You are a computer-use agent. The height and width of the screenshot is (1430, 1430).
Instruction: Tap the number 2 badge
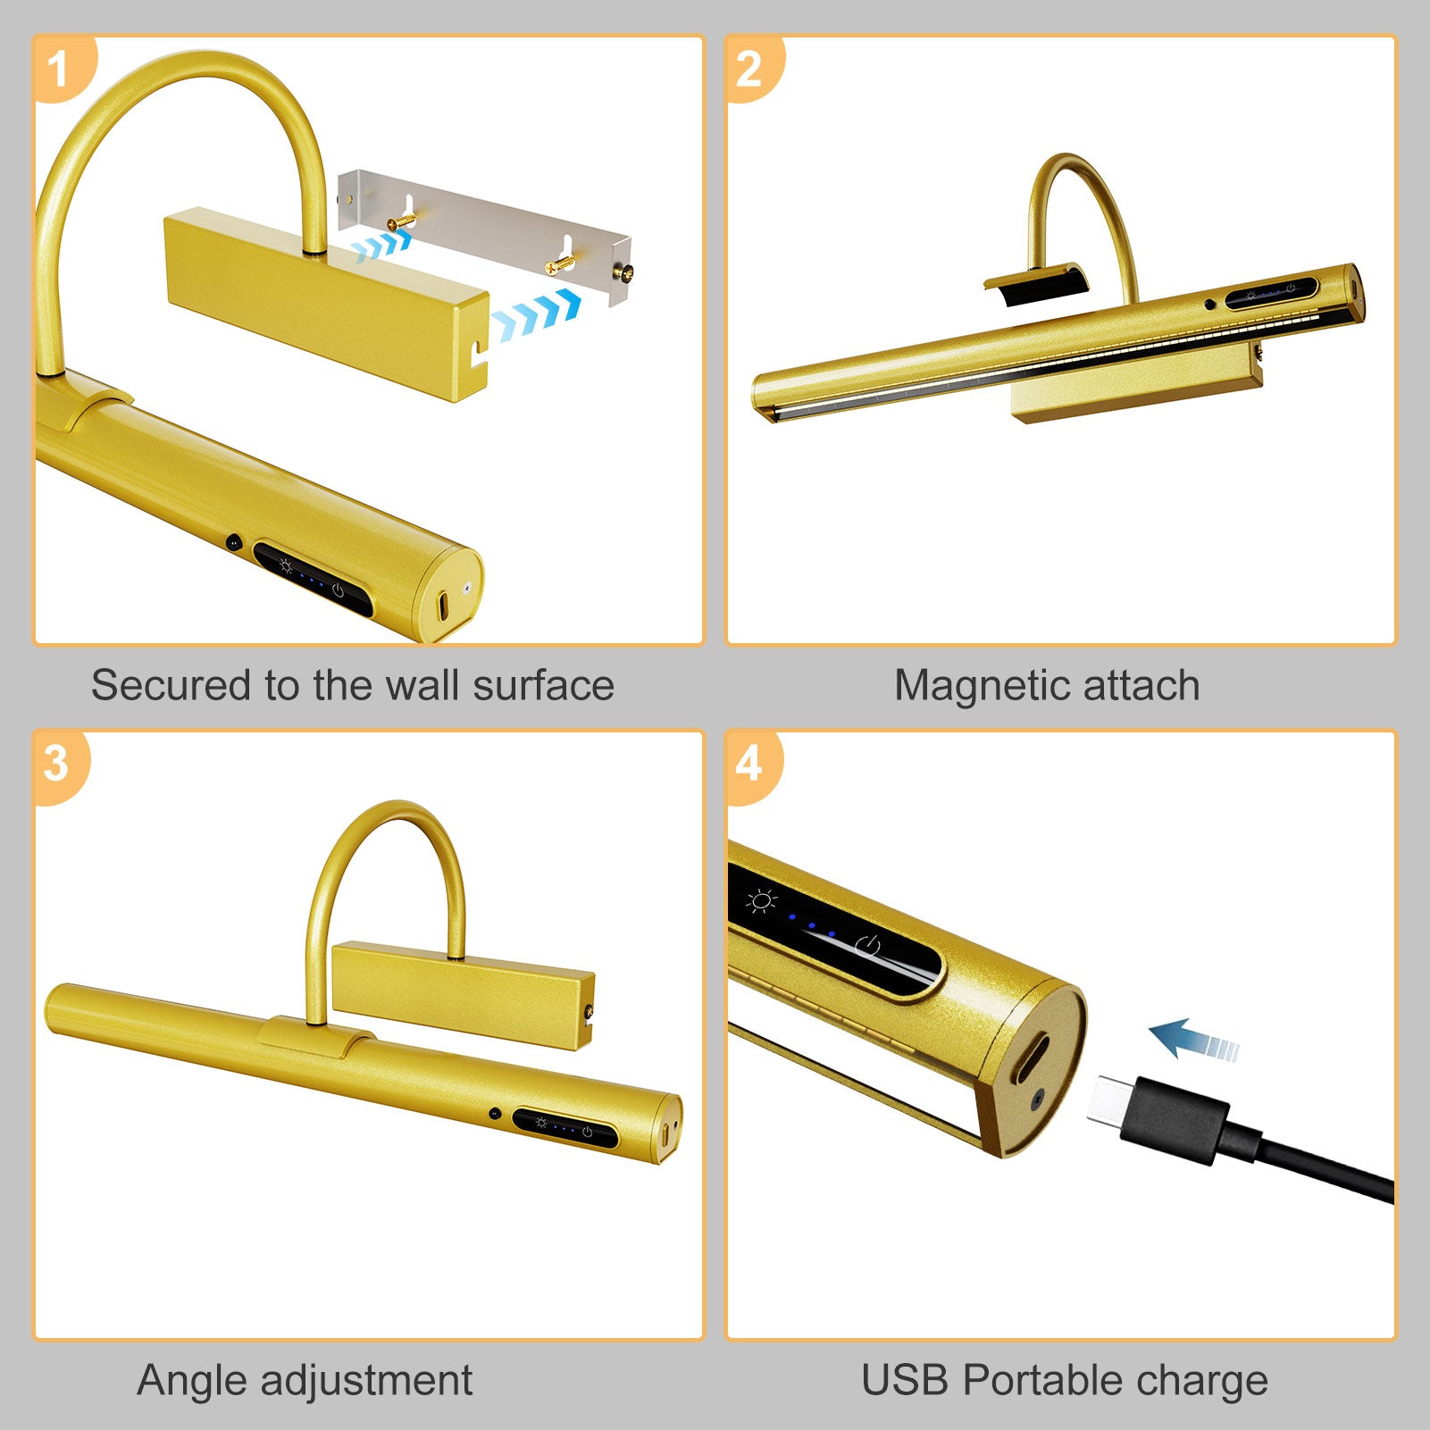(751, 69)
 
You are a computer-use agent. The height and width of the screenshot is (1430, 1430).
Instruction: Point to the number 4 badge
(751, 765)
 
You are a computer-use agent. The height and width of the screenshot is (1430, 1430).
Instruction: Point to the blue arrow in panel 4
(1194, 1040)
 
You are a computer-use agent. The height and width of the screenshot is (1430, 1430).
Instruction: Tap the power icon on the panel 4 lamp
(868, 948)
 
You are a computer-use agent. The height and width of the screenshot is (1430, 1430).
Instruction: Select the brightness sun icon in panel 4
(762, 901)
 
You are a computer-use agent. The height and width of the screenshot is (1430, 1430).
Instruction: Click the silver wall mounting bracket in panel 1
(485, 234)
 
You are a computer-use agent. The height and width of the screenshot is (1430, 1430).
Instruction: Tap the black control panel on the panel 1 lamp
(313, 578)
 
